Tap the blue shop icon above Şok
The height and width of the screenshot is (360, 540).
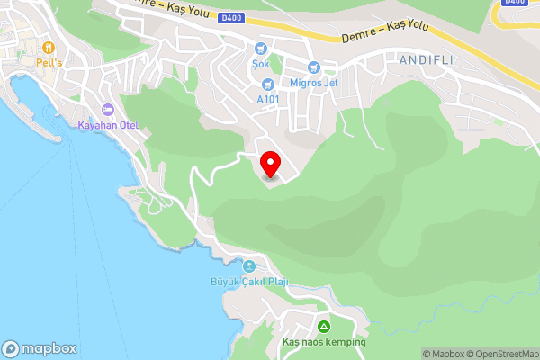pyautogui.click(x=261, y=49)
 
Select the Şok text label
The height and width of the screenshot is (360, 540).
pyautogui.click(x=261, y=64)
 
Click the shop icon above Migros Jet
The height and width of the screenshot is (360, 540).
pyautogui.click(x=313, y=67)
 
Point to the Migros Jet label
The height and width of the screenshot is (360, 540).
pyautogui.click(x=313, y=83)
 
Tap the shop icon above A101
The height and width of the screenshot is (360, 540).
pyautogui.click(x=268, y=84)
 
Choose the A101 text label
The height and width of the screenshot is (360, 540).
pyautogui.click(x=268, y=99)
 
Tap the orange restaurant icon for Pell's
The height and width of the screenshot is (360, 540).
pyautogui.click(x=47, y=47)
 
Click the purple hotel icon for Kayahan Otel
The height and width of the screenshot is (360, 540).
pyautogui.click(x=108, y=110)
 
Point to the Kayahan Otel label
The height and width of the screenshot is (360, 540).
pyautogui.click(x=108, y=125)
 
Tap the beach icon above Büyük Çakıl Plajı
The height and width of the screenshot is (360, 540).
pyautogui.click(x=249, y=265)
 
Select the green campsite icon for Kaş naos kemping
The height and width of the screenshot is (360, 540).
pyautogui.click(x=324, y=326)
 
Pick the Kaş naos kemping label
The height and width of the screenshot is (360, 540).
pyautogui.click(x=324, y=342)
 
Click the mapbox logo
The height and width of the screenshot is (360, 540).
pyautogui.click(x=40, y=348)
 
